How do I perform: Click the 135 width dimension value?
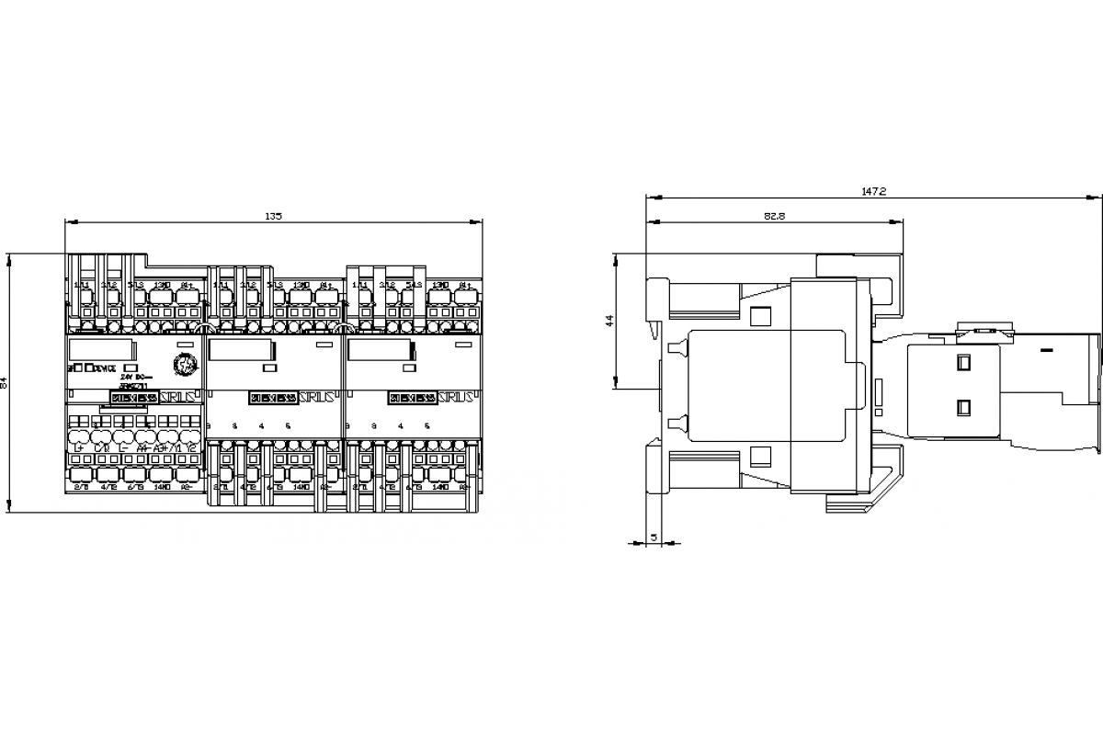tap(273, 216)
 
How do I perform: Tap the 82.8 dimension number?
tap(773, 216)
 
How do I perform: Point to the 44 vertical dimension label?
tap(608, 321)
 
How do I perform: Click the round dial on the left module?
tap(184, 365)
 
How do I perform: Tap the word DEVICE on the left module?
tap(103, 368)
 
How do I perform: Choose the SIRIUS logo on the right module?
tap(456, 398)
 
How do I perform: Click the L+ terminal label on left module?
tap(79, 447)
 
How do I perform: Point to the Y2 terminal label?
tap(190, 447)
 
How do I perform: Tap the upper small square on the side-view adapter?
tap(963, 362)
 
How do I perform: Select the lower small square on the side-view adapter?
tap(963, 407)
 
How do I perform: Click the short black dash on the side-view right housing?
tap(1046, 350)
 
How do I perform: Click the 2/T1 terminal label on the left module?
tap(80, 487)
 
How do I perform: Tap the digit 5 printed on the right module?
tap(427, 426)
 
